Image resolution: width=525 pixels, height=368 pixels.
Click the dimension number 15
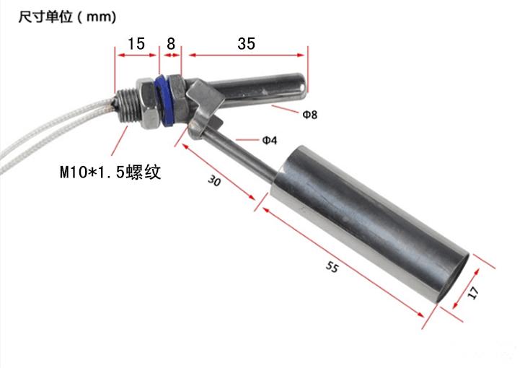tap(136, 43)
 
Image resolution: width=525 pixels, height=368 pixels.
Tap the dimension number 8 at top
tap(171, 43)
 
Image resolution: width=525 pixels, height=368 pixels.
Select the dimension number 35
tap(247, 43)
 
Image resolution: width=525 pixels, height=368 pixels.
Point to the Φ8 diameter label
tap(309, 115)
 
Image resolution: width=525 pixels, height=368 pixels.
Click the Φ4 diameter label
tap(270, 140)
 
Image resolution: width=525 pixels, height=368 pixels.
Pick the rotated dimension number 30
tap(214, 181)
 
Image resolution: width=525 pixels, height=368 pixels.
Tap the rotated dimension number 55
tap(332, 267)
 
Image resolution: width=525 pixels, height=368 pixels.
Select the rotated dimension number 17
tap(473, 292)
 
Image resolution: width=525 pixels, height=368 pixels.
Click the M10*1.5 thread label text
tap(110, 172)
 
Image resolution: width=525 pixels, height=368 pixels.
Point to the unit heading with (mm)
tap(67, 17)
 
